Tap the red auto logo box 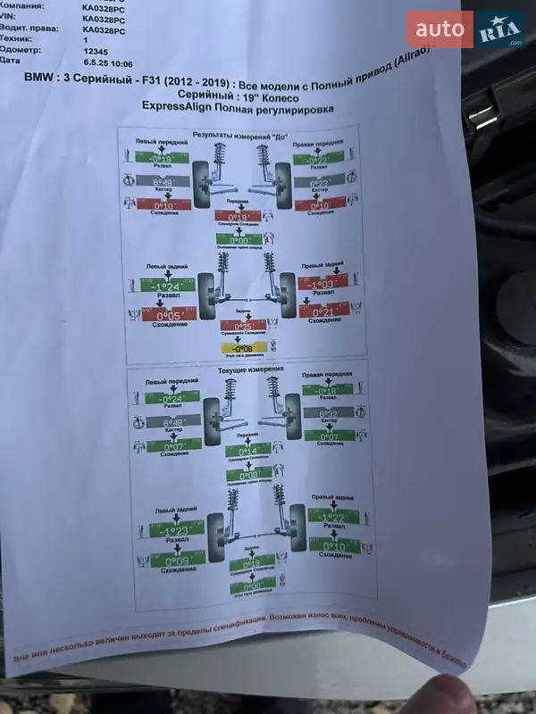tap(440, 29)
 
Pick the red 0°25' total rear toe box tap(243, 327)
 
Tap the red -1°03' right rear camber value tap(322, 283)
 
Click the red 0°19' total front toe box tap(238, 217)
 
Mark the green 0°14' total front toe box tap(248, 451)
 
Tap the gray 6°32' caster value tap(329, 414)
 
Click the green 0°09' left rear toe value tap(175, 562)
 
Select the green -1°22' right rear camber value tap(333, 517)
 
